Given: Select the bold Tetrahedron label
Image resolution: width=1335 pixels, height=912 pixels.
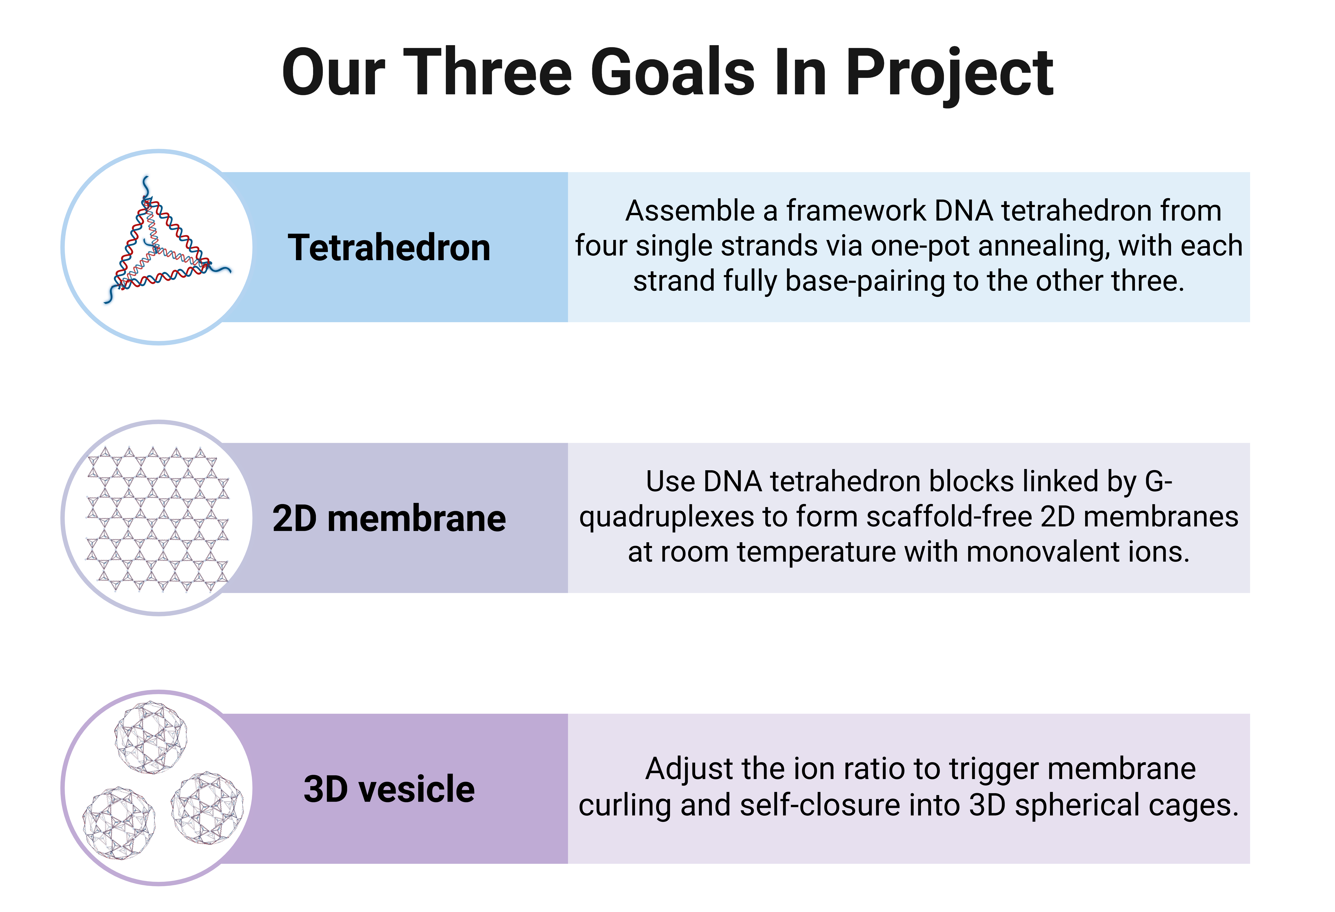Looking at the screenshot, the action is [389, 248].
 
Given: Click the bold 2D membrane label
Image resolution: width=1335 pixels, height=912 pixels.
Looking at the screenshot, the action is [389, 518].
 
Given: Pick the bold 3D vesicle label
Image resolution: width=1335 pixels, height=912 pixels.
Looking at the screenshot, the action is [389, 789].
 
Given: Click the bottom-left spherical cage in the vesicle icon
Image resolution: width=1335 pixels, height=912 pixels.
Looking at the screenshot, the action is [119, 824].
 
